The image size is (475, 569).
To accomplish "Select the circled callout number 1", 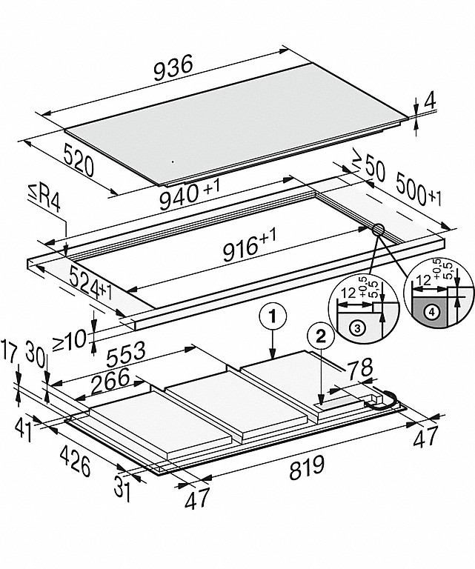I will click(273, 316).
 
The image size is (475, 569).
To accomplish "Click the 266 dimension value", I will click(108, 378).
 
